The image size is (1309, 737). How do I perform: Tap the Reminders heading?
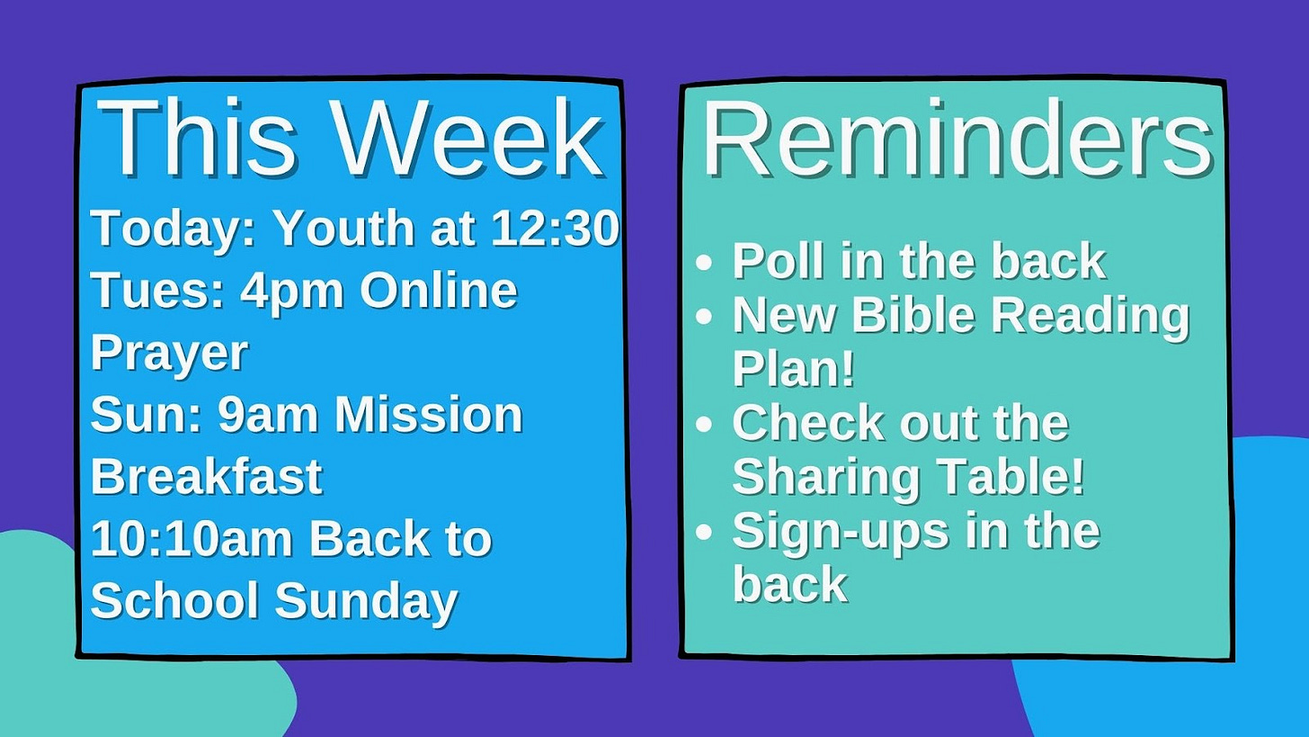click(x=957, y=139)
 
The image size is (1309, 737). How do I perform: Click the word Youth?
click(x=345, y=228)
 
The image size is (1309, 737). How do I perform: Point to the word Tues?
click(x=158, y=290)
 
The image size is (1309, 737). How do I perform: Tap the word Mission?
click(x=428, y=415)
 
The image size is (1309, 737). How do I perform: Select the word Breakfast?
click(x=206, y=477)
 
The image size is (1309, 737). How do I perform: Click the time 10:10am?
click(x=191, y=539)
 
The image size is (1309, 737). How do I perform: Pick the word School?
click(x=174, y=600)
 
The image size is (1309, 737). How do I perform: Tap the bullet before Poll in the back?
click(x=705, y=263)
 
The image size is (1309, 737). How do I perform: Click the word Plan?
click(x=793, y=369)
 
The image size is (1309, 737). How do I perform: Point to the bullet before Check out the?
click(x=705, y=424)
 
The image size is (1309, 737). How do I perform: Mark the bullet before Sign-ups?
click(x=705, y=532)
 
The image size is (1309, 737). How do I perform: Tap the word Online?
click(x=439, y=290)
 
